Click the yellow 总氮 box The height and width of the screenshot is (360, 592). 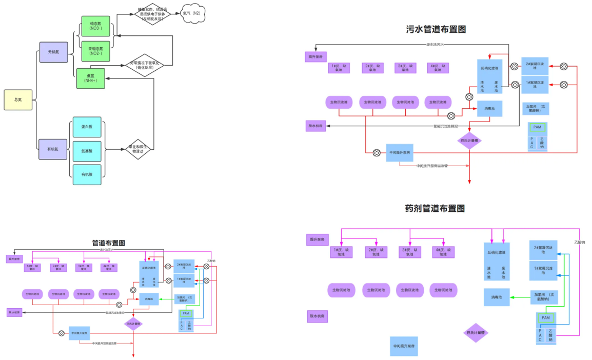[x=18, y=99]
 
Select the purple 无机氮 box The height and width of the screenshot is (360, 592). [x=53, y=52]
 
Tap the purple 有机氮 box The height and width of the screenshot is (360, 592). [x=53, y=149]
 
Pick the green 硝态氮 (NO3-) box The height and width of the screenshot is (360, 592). [x=95, y=26]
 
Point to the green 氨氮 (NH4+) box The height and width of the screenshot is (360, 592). [x=91, y=78]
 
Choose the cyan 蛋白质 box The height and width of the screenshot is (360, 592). [x=87, y=127]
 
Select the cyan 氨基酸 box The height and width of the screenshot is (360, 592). [x=87, y=151]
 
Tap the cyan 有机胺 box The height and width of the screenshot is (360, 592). [x=87, y=175]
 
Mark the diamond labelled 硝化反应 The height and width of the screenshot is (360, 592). [x=145, y=65]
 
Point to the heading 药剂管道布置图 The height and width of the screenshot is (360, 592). [x=435, y=209]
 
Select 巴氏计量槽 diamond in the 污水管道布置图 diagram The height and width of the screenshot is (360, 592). [x=469, y=140]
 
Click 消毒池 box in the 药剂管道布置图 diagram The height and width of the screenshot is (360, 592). [x=497, y=297]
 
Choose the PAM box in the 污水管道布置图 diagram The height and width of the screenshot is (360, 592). [x=537, y=127]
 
